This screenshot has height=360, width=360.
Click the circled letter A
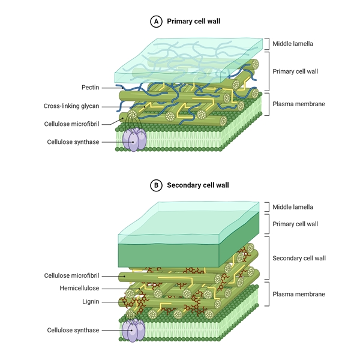coord(157,22)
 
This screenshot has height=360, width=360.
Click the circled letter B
coord(157,185)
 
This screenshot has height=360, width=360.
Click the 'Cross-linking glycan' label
coord(71,106)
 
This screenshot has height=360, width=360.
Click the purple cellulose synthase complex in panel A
coord(134,139)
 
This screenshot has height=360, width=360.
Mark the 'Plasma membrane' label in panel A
coord(298,104)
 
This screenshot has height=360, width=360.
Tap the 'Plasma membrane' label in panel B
coord(298,294)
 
